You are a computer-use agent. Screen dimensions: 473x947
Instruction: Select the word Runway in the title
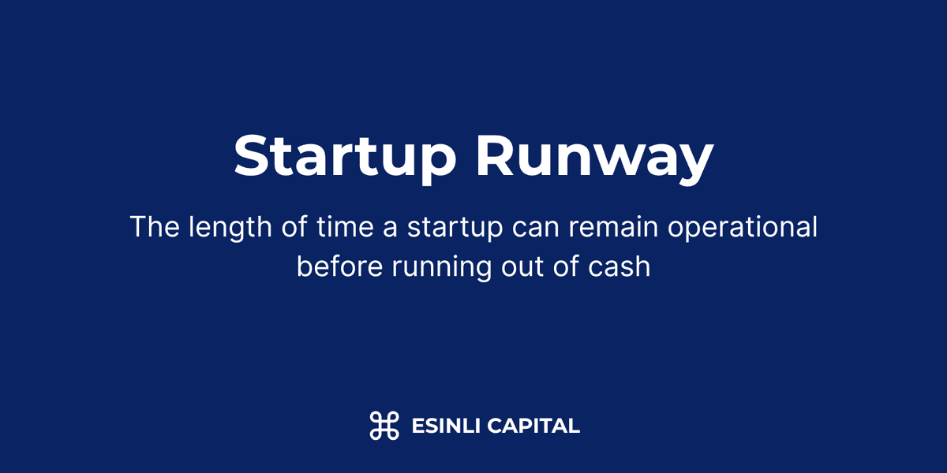coord(594,157)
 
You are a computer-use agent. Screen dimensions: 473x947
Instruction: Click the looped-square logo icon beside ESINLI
coord(384,426)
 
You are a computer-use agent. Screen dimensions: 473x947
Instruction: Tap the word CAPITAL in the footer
coord(533,426)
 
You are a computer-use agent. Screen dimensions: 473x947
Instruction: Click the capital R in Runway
coord(496,157)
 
